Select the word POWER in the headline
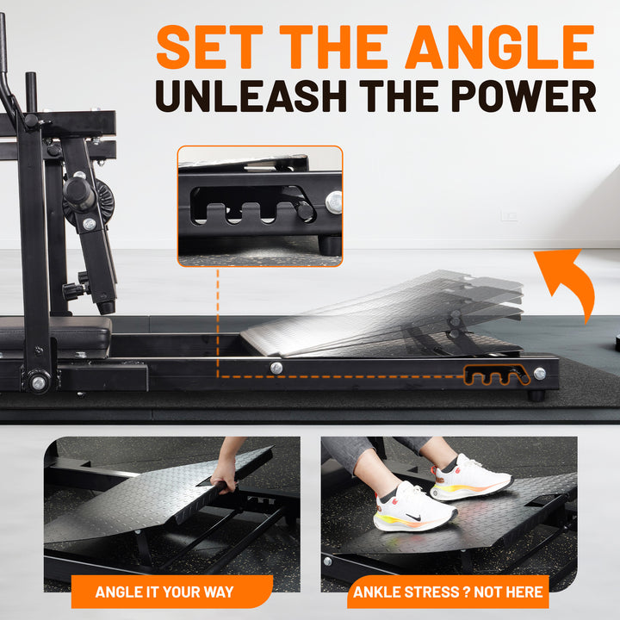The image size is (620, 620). (x=524, y=96)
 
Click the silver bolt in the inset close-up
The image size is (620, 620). (x=334, y=202)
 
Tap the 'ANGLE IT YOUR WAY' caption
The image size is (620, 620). (x=164, y=592)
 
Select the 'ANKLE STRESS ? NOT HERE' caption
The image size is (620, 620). (x=448, y=592)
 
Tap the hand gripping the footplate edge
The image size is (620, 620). (x=224, y=476)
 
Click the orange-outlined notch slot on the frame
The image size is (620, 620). (x=497, y=375)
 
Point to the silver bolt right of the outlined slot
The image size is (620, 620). (x=539, y=373)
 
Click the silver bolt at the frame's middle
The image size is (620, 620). (x=276, y=369)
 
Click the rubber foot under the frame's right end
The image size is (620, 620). (x=536, y=395)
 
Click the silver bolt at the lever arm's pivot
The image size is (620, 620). (x=39, y=382)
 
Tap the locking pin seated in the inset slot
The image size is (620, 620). (x=305, y=210)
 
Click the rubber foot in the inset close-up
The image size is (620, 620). (x=330, y=245)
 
